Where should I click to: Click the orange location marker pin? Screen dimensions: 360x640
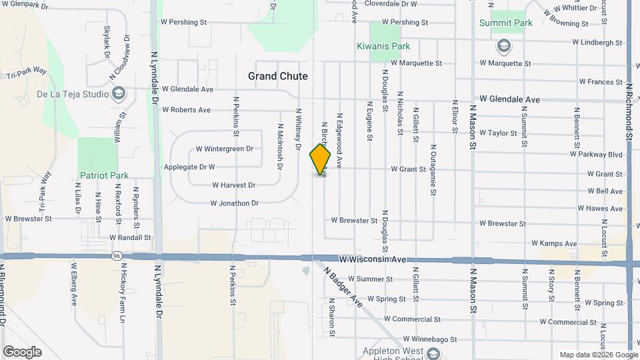pos(321,159)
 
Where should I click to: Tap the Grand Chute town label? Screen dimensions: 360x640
pos(278,76)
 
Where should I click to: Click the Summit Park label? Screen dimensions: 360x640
pos(506,23)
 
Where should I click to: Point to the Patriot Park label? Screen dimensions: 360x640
pos(104,175)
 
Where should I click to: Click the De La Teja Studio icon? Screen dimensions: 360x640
pos(119,93)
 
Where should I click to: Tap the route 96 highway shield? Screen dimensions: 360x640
pos(117,255)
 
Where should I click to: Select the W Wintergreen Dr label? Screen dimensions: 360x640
pos(225,149)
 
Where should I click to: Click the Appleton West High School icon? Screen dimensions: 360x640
pos(434,353)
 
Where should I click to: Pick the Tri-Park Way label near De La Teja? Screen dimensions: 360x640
pos(27,73)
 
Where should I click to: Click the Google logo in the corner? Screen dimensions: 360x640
pos(22,351)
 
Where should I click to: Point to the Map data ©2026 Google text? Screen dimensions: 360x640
pos(598,355)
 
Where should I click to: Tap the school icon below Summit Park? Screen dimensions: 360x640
pos(503,45)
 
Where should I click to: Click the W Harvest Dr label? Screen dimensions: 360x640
pos(233,185)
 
